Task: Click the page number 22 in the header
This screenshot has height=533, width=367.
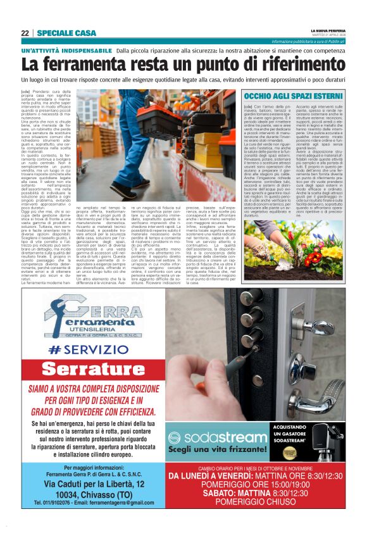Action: click(25, 33)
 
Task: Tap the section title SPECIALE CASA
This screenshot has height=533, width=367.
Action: click(66, 33)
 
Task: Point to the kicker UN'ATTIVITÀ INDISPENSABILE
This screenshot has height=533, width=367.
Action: click(66, 50)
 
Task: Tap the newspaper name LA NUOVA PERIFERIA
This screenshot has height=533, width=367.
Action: click(328, 30)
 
